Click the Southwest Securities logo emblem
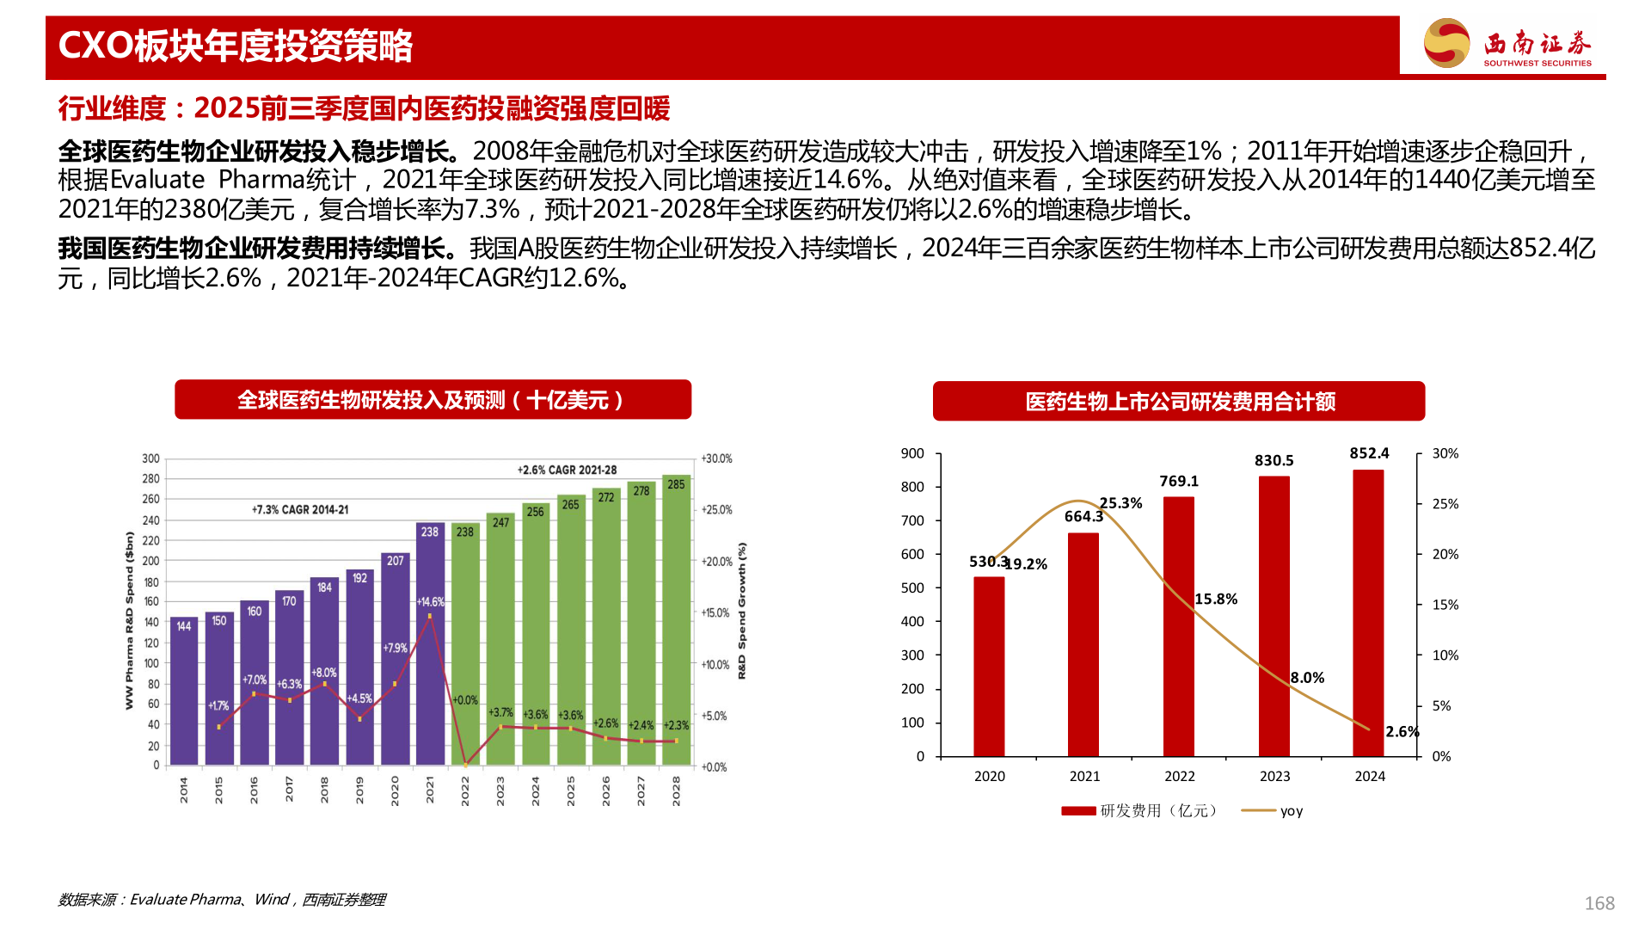[x=1446, y=43]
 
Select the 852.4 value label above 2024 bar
[x=1369, y=453]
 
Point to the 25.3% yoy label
[x=1120, y=503]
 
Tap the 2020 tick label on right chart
[x=989, y=776]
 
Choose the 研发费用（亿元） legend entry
[x=1139, y=810]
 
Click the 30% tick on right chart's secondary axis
[x=1445, y=453]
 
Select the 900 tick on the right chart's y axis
[x=912, y=453]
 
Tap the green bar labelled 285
[x=676, y=619]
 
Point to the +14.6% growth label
[x=430, y=601]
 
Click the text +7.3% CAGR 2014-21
[x=300, y=509]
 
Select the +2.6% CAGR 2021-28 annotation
[x=567, y=470]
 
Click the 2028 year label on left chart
[x=676, y=790]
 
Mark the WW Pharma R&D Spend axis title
[x=130, y=619]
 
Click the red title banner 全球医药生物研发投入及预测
[x=433, y=400]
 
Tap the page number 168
[x=1599, y=903]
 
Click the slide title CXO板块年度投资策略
[x=236, y=46]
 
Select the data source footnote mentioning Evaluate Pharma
[x=221, y=899]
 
